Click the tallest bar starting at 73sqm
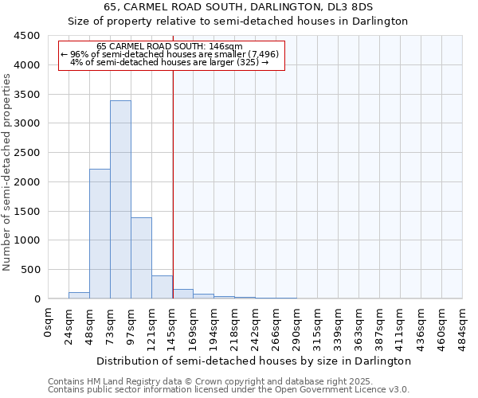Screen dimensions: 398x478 120,199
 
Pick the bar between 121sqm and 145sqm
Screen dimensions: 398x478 162,287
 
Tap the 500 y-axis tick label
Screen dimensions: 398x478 30,270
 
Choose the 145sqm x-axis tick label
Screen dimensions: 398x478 173,326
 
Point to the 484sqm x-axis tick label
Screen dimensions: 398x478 463,326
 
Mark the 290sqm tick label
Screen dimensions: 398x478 297,326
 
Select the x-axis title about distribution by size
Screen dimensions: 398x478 255,361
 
